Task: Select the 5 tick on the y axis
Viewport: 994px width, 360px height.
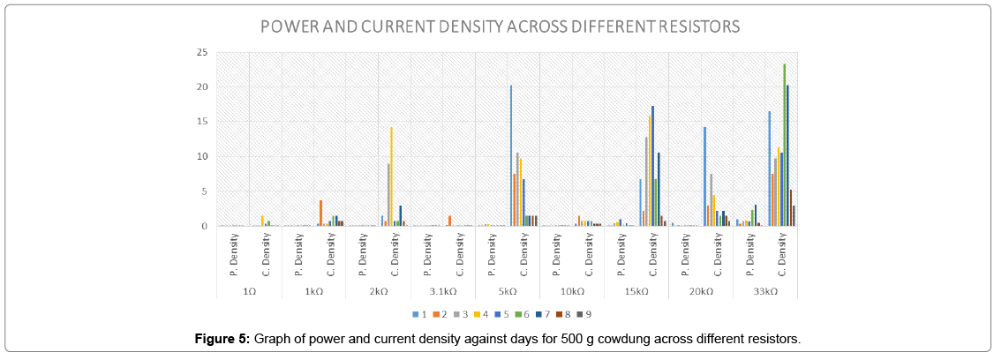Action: coord(204,191)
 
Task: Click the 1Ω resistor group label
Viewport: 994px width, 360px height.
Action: coord(249,291)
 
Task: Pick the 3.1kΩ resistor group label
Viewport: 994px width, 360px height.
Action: coord(443,291)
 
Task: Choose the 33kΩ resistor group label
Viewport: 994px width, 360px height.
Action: coord(766,291)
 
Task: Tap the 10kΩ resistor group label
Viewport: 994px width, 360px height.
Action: coord(572,291)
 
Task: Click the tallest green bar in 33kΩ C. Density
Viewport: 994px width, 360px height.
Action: coord(784,146)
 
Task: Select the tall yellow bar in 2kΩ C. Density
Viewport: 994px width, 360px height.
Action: coord(391,176)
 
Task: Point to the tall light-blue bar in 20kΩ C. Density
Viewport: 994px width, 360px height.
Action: coord(704,176)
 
